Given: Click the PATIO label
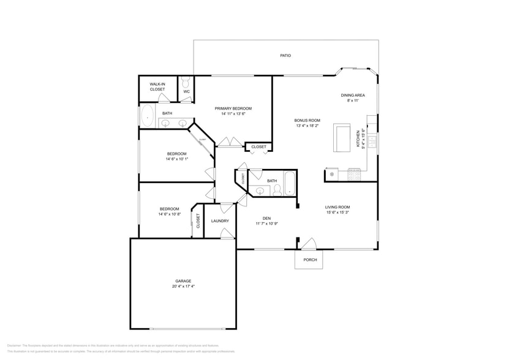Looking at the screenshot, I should tap(285, 56).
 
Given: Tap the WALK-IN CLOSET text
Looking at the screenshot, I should tap(157, 87).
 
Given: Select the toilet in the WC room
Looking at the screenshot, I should tap(186, 83).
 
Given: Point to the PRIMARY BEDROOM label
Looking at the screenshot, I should tap(233, 108).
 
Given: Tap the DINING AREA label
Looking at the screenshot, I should tap(353, 96).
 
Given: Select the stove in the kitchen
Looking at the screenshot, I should tap(355, 175).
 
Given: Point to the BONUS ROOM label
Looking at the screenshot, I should tap(307, 121).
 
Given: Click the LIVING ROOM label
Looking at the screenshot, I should tap(337, 207).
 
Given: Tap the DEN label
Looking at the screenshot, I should tap(266, 218).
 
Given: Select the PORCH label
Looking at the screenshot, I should tap(310, 260).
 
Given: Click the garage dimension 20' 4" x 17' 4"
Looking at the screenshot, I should tap(183, 286).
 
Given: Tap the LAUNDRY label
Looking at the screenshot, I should tap(220, 221).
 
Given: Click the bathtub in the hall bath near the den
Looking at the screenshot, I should tap(290, 182).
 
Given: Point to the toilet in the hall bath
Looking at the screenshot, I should tap(276, 190).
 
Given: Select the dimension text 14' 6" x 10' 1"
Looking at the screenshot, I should tap(177, 159).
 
